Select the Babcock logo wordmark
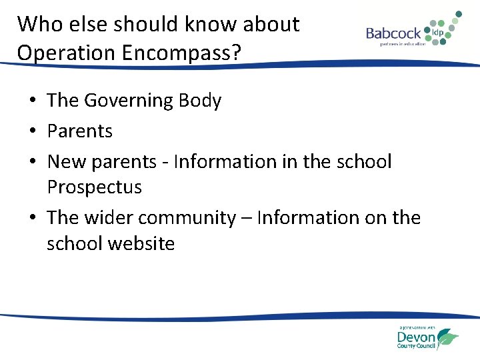coord(393,33)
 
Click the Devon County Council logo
coord(427,337)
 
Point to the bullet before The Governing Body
coord(33,101)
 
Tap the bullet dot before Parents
coord(33,131)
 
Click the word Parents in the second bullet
coord(80,131)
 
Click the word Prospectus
coord(94,187)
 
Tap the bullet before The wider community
coord(33,218)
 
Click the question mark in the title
coord(235,53)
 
